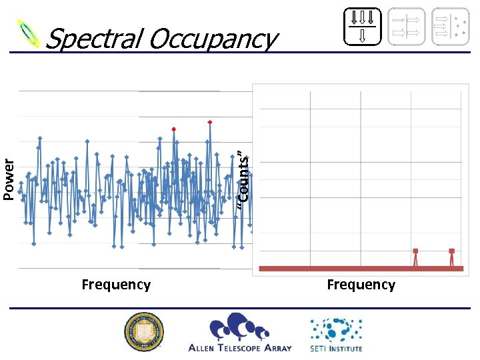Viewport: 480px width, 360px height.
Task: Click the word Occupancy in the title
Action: (x=212, y=40)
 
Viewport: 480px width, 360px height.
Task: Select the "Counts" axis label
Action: (x=244, y=177)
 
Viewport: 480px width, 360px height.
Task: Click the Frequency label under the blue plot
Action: (x=116, y=285)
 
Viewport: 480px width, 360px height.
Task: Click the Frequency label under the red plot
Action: (x=361, y=285)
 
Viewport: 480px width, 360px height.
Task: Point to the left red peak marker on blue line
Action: (x=174, y=129)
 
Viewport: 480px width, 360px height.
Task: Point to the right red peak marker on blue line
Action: (x=210, y=122)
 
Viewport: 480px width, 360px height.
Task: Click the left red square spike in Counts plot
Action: (x=415, y=251)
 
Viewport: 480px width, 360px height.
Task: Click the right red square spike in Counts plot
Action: (x=451, y=251)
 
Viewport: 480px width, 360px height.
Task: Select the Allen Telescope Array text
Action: (x=240, y=347)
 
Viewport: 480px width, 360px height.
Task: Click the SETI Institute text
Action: (x=336, y=348)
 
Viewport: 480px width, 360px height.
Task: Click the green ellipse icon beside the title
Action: (x=29, y=31)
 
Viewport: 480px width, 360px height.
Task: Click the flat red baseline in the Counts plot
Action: (x=333, y=268)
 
